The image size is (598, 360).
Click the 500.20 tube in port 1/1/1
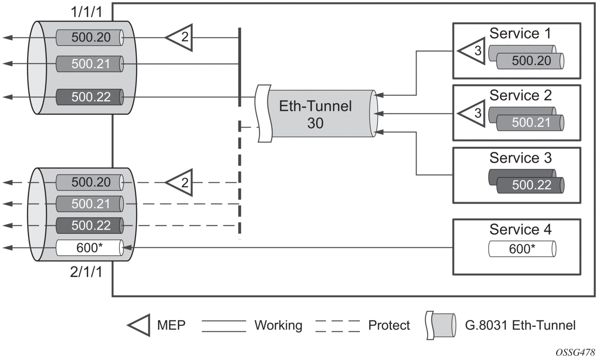click(90, 38)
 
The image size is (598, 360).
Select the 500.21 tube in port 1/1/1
click(90, 63)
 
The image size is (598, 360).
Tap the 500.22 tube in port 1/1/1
click(90, 97)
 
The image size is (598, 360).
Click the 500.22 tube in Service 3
click(530, 185)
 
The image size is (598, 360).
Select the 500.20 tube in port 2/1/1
click(90, 182)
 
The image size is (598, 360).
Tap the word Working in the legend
click(278, 325)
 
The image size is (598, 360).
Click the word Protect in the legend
click(389, 325)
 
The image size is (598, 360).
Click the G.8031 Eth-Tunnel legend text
click(520, 325)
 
